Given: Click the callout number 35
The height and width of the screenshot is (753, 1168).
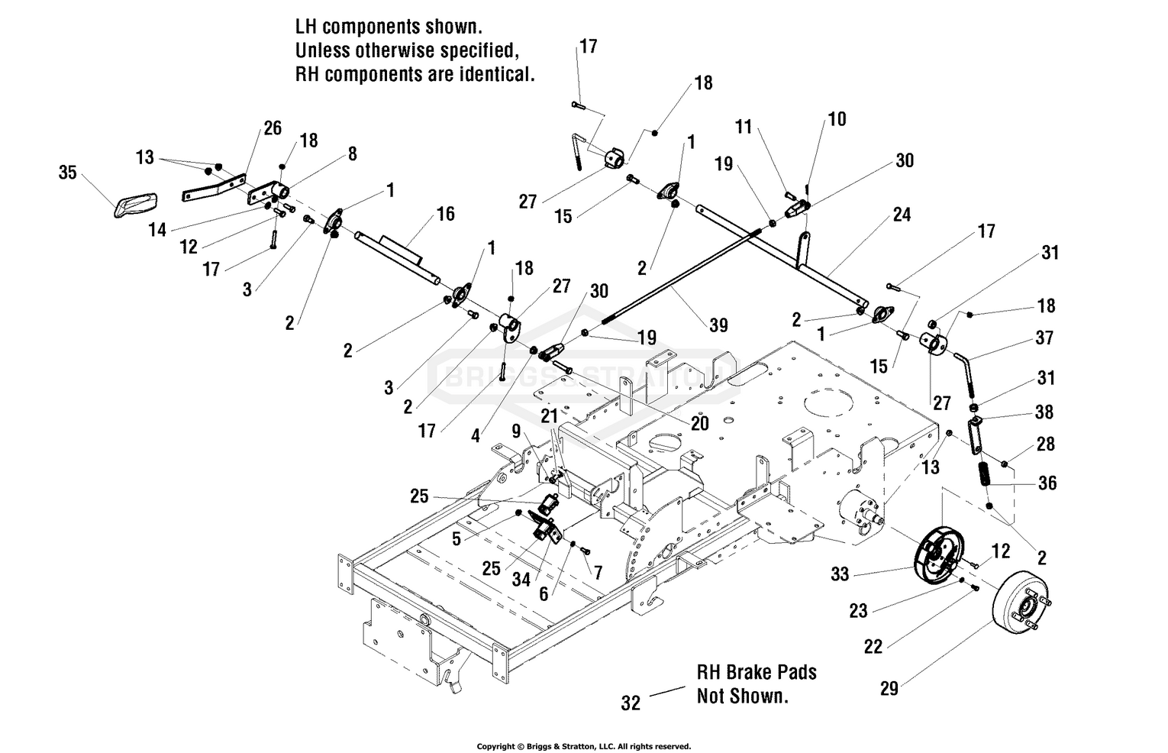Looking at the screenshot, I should coord(67,173).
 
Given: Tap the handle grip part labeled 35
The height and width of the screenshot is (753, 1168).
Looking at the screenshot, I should coord(135,202).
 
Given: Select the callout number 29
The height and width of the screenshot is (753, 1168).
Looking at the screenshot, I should coord(889,689).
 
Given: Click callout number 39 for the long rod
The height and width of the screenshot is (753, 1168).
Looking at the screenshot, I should coord(718,325).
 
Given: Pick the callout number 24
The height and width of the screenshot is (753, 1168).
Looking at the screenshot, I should coord(902,215).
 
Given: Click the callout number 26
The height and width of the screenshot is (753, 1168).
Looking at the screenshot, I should coord(273,128).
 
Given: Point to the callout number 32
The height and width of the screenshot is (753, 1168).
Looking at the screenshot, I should coord(631,703).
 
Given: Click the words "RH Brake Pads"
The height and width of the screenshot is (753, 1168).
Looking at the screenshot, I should coord(756,672).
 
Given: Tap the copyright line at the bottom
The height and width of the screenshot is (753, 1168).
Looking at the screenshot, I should coord(583,746).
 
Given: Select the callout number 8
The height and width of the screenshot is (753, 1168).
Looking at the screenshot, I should coord(352,154).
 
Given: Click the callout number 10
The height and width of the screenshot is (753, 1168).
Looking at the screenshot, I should coord(837,119).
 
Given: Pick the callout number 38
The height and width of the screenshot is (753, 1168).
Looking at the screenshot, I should coord(1044,412).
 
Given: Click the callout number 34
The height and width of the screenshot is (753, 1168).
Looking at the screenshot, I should coord(521,580).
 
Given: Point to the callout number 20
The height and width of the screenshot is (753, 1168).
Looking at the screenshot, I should coord(699,422).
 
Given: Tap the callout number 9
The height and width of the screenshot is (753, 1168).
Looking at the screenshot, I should coord(516,431).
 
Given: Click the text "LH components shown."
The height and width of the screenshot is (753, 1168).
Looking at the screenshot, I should coord(389,27).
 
